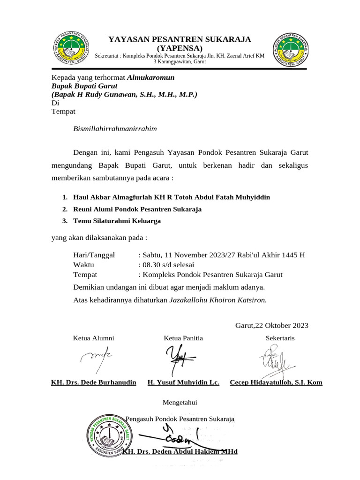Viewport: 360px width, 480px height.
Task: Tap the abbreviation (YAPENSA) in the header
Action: coord(180,48)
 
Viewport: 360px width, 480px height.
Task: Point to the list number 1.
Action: coord(65,197)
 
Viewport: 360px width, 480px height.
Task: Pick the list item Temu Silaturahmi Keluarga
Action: coord(117,221)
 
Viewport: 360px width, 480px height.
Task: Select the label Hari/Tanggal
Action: coord(94,255)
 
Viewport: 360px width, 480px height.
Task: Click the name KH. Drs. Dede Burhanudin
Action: coord(93,382)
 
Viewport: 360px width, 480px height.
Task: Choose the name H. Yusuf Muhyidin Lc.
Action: coord(183,382)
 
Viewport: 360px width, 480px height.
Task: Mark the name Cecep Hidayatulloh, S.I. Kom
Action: coord(276,382)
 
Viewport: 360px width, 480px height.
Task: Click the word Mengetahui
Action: coord(180,402)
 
